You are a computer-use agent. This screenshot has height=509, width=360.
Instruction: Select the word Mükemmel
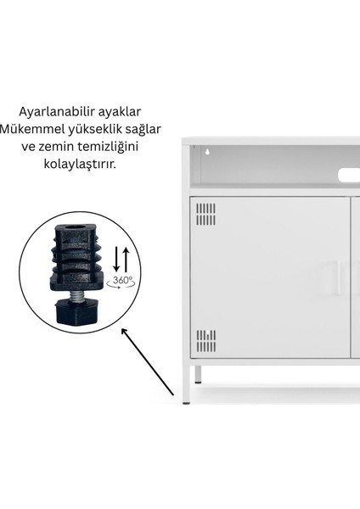tap(34, 129)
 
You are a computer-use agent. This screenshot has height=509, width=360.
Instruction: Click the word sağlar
tap(142, 129)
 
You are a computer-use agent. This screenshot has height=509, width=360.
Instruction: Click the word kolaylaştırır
tap(82, 163)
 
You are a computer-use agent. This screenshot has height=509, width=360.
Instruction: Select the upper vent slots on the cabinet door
tap(206, 214)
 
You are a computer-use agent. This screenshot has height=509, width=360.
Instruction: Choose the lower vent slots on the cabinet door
tap(206, 341)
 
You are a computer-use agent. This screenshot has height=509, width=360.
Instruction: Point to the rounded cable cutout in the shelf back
tap(349, 175)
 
